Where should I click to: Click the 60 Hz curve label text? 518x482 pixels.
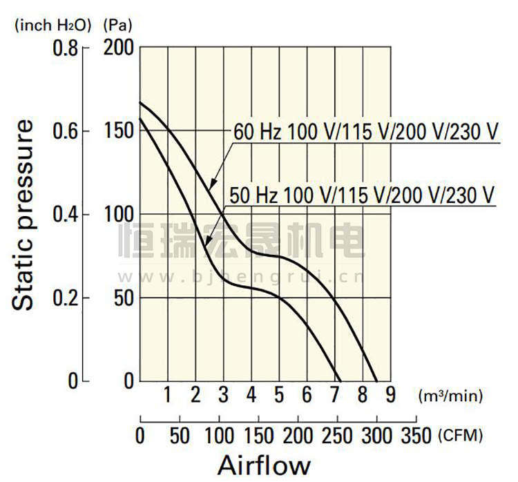tap(365, 131)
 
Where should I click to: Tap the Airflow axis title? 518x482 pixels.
tap(265, 465)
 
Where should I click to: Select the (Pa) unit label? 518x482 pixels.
tap(117, 26)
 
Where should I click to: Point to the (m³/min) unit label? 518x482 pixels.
tap(450, 396)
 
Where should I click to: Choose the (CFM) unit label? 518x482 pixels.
tap(460, 436)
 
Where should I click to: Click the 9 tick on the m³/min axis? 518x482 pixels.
tap(390, 396)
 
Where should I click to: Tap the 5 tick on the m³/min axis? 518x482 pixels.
tap(279, 396)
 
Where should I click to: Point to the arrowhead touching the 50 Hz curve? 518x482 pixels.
tap(207, 242)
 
